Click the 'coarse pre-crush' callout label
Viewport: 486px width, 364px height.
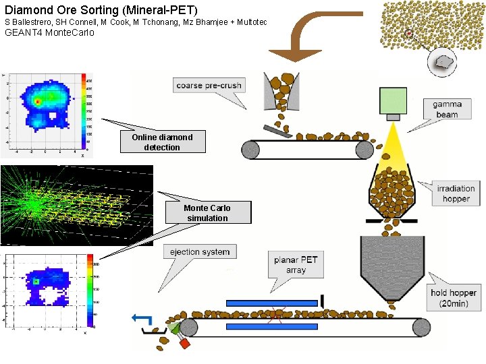209,86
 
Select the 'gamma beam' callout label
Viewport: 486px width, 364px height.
446,109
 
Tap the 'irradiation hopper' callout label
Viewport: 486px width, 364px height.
456,193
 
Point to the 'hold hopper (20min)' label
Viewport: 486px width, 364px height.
454,297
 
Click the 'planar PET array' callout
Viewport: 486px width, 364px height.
296,264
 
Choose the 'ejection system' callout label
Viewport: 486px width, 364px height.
199,252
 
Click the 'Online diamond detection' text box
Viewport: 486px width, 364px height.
162,142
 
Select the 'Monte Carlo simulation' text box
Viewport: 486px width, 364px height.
208,213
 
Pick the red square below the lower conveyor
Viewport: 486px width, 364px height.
185,342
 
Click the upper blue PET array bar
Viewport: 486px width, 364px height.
271,303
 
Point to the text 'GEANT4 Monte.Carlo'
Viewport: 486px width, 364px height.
49,32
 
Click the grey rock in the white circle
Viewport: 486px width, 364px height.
443,62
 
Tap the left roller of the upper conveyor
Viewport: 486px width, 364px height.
252,149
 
